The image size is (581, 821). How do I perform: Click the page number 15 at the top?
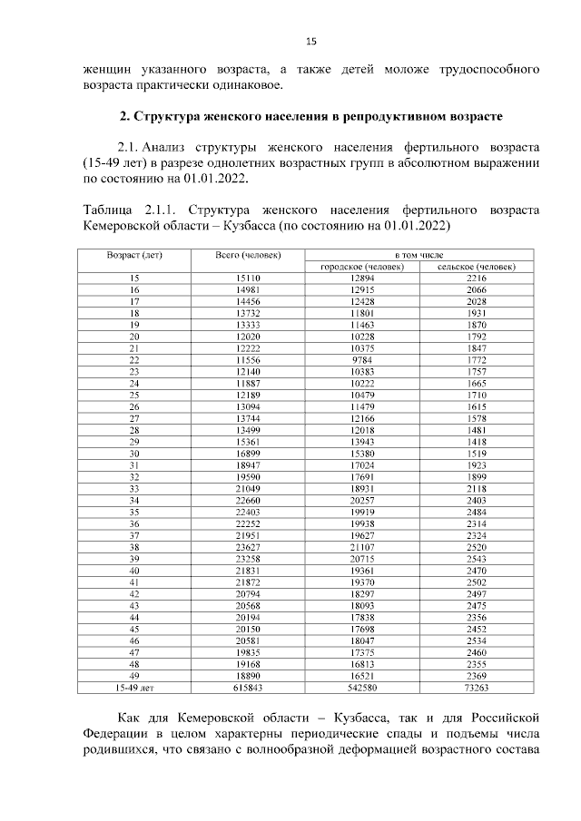310,42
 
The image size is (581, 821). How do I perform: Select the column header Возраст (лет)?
134,256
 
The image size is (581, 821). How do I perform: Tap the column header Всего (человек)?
248,256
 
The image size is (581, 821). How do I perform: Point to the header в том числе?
419,256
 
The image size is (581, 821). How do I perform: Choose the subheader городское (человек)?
362,267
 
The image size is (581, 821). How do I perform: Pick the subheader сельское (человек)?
477,267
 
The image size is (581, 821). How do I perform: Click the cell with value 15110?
248,278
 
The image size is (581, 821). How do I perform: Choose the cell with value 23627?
248,548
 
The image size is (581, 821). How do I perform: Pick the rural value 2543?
477,560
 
